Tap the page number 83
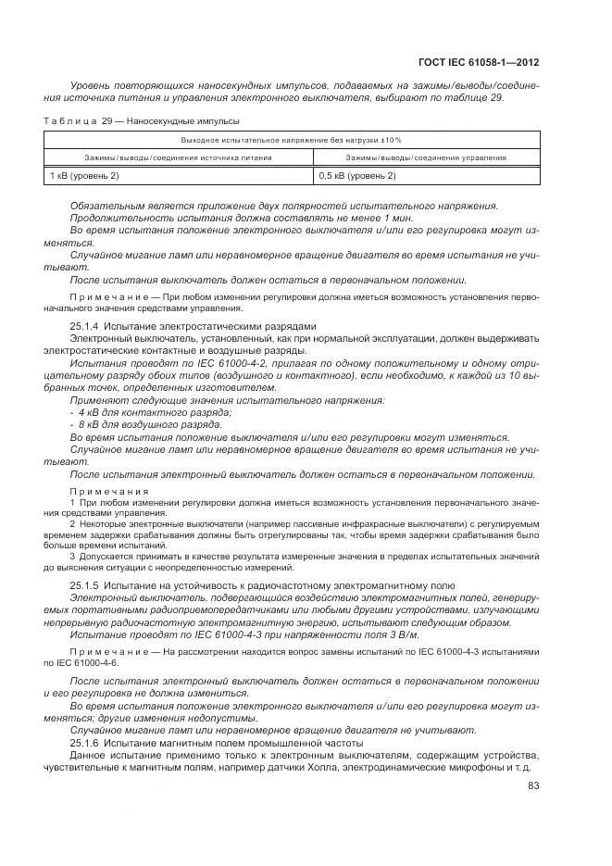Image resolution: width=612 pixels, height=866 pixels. pyautogui.click(x=533, y=786)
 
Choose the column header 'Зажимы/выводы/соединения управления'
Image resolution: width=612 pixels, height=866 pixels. pyautogui.click(x=426, y=157)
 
